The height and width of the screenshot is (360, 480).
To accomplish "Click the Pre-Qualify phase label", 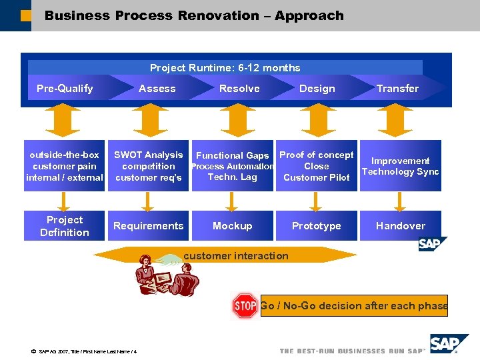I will click(65, 89).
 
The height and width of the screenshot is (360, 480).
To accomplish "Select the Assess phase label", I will click(157, 89).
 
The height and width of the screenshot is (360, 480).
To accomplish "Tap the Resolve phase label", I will click(239, 89).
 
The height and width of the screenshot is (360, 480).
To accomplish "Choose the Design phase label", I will click(317, 89).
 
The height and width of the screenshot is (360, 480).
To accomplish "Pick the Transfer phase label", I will click(397, 89).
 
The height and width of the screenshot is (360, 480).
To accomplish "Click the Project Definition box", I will click(65, 226).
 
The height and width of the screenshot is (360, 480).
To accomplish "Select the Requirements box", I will click(148, 226).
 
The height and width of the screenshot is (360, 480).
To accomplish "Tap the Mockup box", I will click(232, 226).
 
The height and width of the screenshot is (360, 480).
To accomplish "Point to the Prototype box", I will click(316, 226).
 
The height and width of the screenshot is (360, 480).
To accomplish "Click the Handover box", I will click(400, 226).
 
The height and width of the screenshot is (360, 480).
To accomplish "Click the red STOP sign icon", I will click(245, 306).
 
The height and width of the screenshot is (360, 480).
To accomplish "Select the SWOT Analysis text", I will click(148, 155).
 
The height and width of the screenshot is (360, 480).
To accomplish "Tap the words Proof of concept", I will click(316, 155).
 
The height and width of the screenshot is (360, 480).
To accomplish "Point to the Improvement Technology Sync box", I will click(400, 166).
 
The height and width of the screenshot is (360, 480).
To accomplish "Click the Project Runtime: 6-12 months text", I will click(225, 68).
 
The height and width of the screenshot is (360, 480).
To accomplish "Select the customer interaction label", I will click(235, 256).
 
